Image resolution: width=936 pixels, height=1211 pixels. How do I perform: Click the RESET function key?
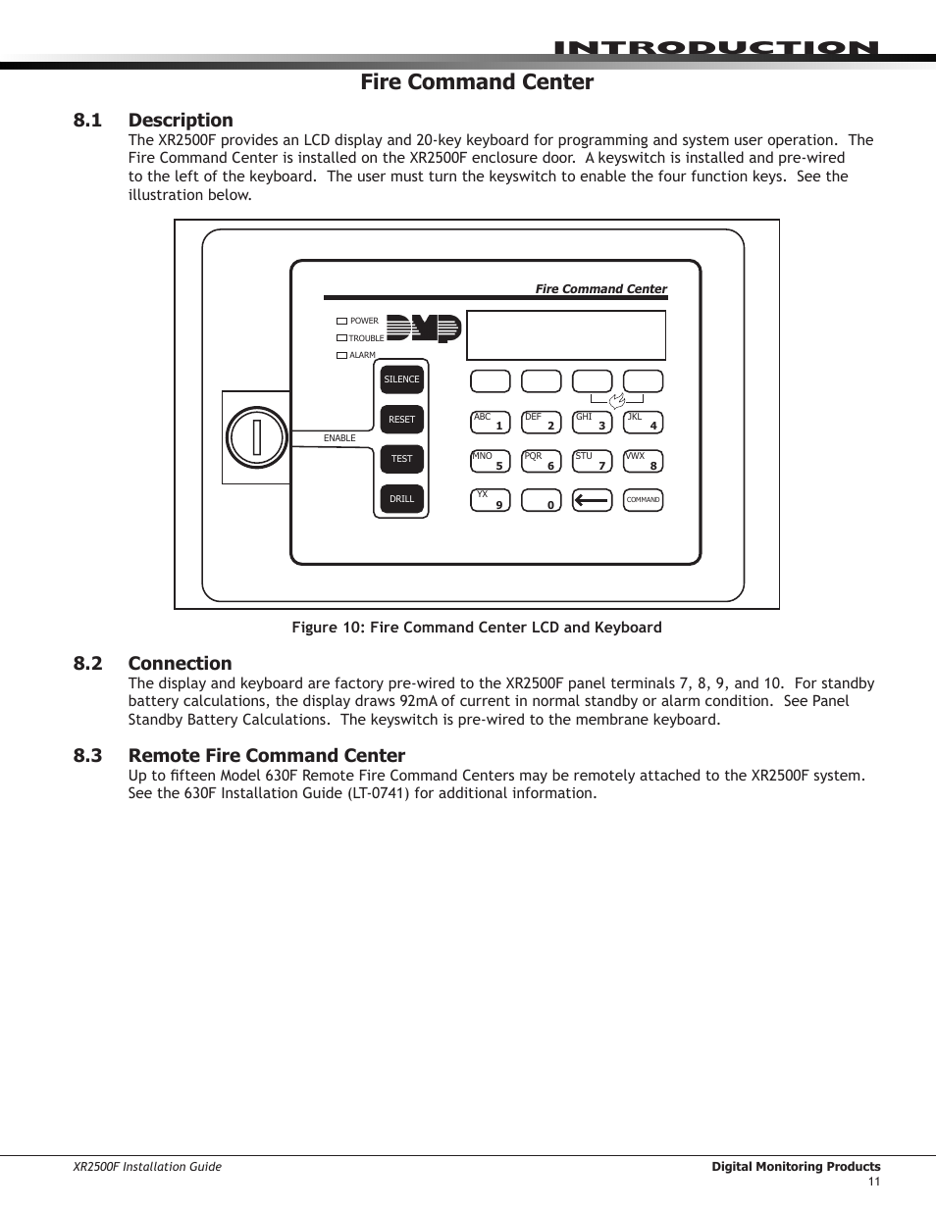point(401,420)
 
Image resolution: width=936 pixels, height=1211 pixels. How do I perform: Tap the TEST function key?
point(401,459)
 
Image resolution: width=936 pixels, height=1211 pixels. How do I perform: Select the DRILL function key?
point(401,499)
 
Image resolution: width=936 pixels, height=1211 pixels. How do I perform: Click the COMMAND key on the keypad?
point(644,500)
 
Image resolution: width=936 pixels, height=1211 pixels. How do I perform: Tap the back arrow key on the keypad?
point(592,500)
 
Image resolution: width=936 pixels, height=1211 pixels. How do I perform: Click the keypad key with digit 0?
point(541,500)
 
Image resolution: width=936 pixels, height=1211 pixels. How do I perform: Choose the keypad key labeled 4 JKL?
point(644,423)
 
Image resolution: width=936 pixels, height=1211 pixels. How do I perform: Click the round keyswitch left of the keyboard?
point(256,437)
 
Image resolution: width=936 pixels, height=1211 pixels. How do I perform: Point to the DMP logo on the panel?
point(423,328)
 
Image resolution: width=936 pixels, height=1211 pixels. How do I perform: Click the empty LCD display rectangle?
point(566,335)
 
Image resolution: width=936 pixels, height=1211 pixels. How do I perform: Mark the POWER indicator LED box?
point(341,321)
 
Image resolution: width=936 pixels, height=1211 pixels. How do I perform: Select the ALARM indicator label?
point(362,355)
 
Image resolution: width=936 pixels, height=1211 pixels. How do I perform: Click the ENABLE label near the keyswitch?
point(339,438)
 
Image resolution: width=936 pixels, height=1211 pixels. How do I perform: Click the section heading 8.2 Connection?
point(153,663)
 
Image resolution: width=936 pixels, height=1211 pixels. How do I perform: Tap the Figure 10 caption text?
point(476,628)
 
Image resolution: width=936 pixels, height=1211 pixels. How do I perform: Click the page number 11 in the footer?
point(873,1182)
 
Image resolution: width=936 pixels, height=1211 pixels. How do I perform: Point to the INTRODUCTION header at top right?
point(715,48)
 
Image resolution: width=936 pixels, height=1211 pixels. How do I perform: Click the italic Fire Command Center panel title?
point(600,289)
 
